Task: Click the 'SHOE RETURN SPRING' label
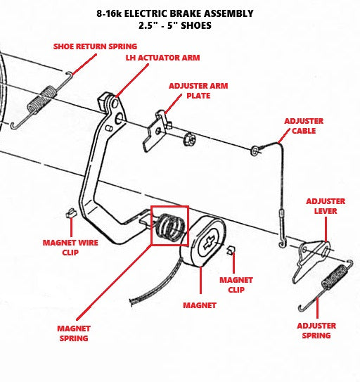coord(95,46)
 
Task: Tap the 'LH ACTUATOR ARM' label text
coord(162,58)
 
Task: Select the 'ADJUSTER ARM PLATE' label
coord(198,91)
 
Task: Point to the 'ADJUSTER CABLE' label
coord(304,126)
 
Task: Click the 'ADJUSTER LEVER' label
coord(326,206)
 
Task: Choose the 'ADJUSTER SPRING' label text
coord(316,331)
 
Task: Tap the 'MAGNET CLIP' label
coord(236,285)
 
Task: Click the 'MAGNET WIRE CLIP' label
coord(70,248)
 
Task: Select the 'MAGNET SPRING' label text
coord(74,333)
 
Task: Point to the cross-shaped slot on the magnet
coord(209,243)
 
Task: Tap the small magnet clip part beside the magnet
coord(231,250)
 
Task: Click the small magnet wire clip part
coord(71,213)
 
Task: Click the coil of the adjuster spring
coord(334,277)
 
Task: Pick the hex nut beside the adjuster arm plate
coord(190,139)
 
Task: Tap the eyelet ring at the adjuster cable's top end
coord(255,151)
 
